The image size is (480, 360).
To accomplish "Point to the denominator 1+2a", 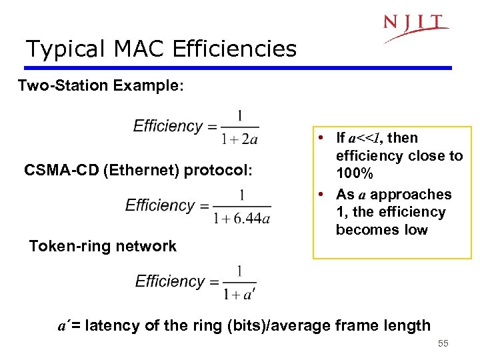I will pos(239,139).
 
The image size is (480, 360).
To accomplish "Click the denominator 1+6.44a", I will pos(241,219).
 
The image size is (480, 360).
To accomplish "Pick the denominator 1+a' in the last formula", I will pos(240,293).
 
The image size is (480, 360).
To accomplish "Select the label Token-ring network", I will pos(103,246).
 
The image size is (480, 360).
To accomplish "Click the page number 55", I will pos(443,344).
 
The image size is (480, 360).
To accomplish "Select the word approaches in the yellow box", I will pos(411,195).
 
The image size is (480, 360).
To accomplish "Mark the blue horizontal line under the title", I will pos(237,68).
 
